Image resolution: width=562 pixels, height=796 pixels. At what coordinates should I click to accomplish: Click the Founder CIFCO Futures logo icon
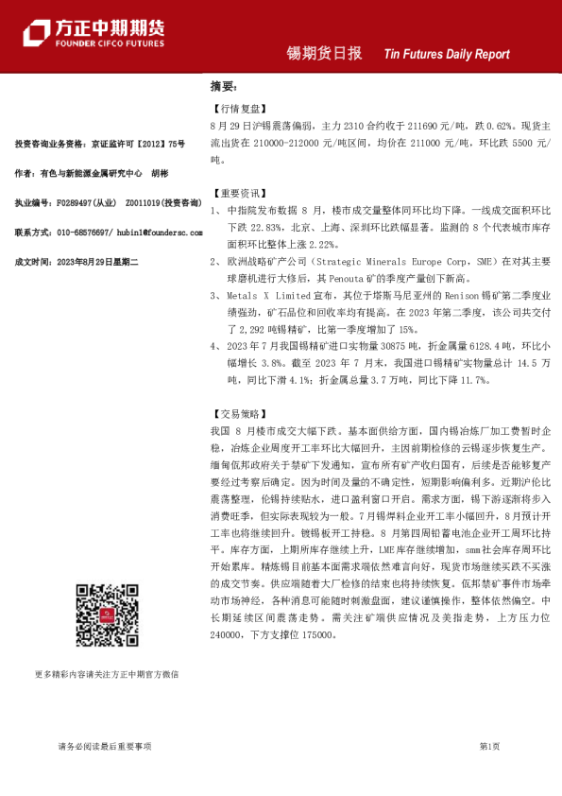point(38,34)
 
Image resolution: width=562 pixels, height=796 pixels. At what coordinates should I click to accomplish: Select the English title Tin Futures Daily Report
point(447,55)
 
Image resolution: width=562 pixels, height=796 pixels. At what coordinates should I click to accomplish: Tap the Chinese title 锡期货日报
point(324,54)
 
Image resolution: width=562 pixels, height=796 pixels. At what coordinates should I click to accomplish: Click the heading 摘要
point(222,85)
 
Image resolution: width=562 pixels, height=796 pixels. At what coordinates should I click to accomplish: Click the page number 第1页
point(490,746)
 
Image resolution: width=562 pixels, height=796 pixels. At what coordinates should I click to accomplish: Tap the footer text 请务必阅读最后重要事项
point(105,746)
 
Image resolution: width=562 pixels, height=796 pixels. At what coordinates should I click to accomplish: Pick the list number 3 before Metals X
point(216,295)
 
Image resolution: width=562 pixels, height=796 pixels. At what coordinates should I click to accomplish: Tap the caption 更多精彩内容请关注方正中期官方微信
point(106,674)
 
